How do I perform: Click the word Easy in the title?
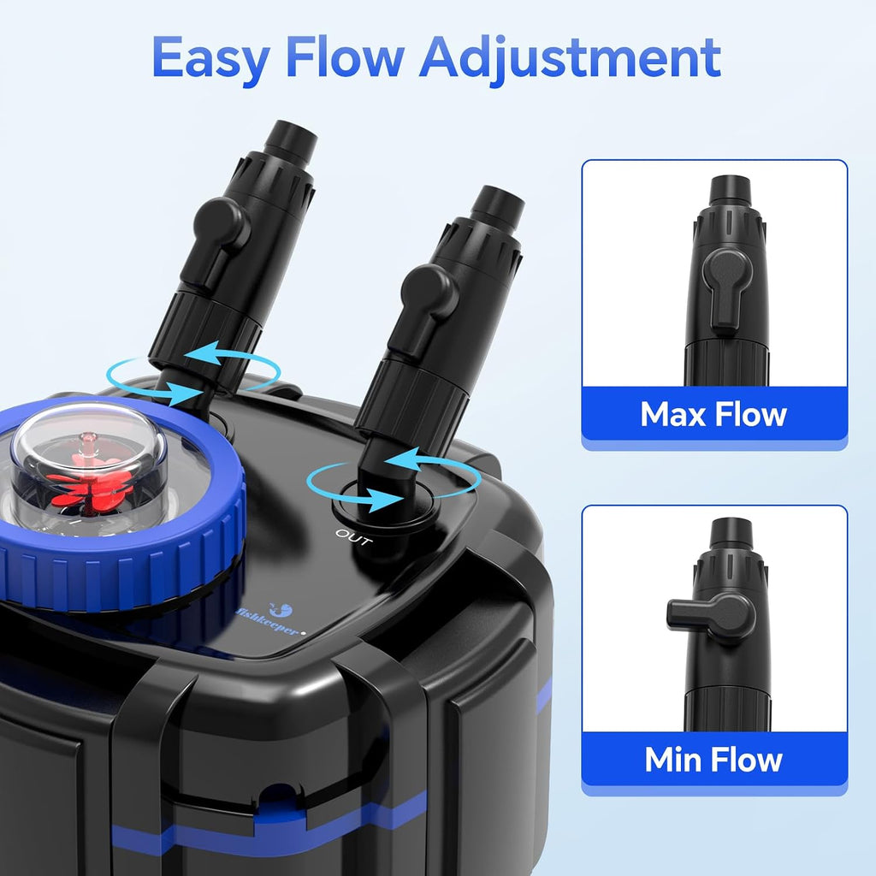[211, 59]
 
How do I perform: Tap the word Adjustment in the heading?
[570, 59]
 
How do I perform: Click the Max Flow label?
[713, 414]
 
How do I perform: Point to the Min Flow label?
[713, 760]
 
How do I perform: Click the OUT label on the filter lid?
[354, 537]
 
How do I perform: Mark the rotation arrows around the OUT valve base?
[394, 477]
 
